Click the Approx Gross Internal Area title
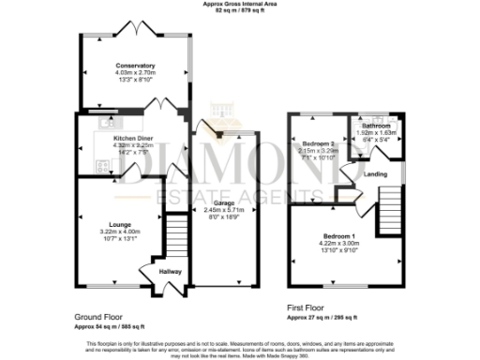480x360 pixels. click(x=239, y=5)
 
